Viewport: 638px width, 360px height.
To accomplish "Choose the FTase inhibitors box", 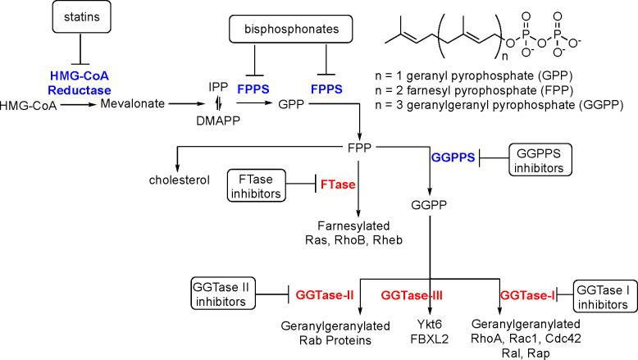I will click(x=255, y=186).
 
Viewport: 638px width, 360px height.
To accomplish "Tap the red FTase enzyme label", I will click(x=338, y=186).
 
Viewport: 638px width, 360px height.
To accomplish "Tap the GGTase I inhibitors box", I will click(x=604, y=294).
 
